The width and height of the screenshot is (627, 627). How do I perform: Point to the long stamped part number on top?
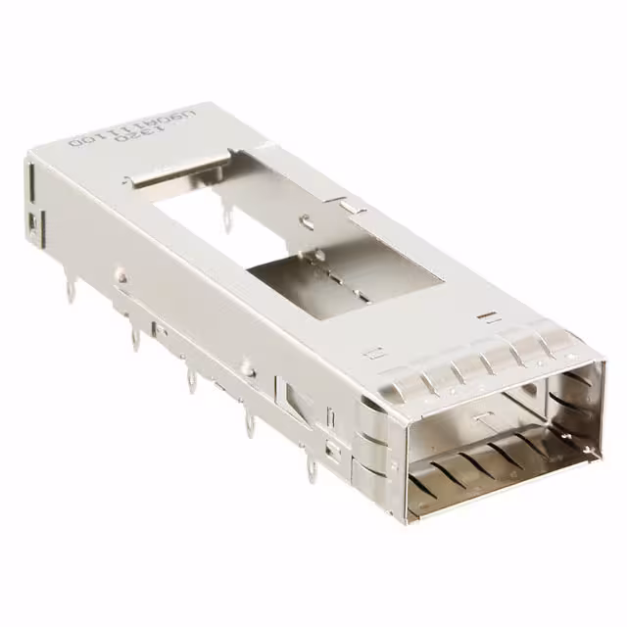click(x=118, y=124)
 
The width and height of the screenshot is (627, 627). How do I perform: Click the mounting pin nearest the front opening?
click(x=311, y=470)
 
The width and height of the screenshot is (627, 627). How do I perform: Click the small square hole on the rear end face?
click(x=31, y=228)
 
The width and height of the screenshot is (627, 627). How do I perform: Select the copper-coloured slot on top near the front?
click(x=486, y=316)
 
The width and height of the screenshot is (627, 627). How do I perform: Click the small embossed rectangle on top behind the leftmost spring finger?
click(x=372, y=352)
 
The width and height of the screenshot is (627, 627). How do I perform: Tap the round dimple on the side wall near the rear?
click(x=120, y=277)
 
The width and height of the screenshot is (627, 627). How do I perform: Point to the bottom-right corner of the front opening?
click(x=594, y=453)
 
